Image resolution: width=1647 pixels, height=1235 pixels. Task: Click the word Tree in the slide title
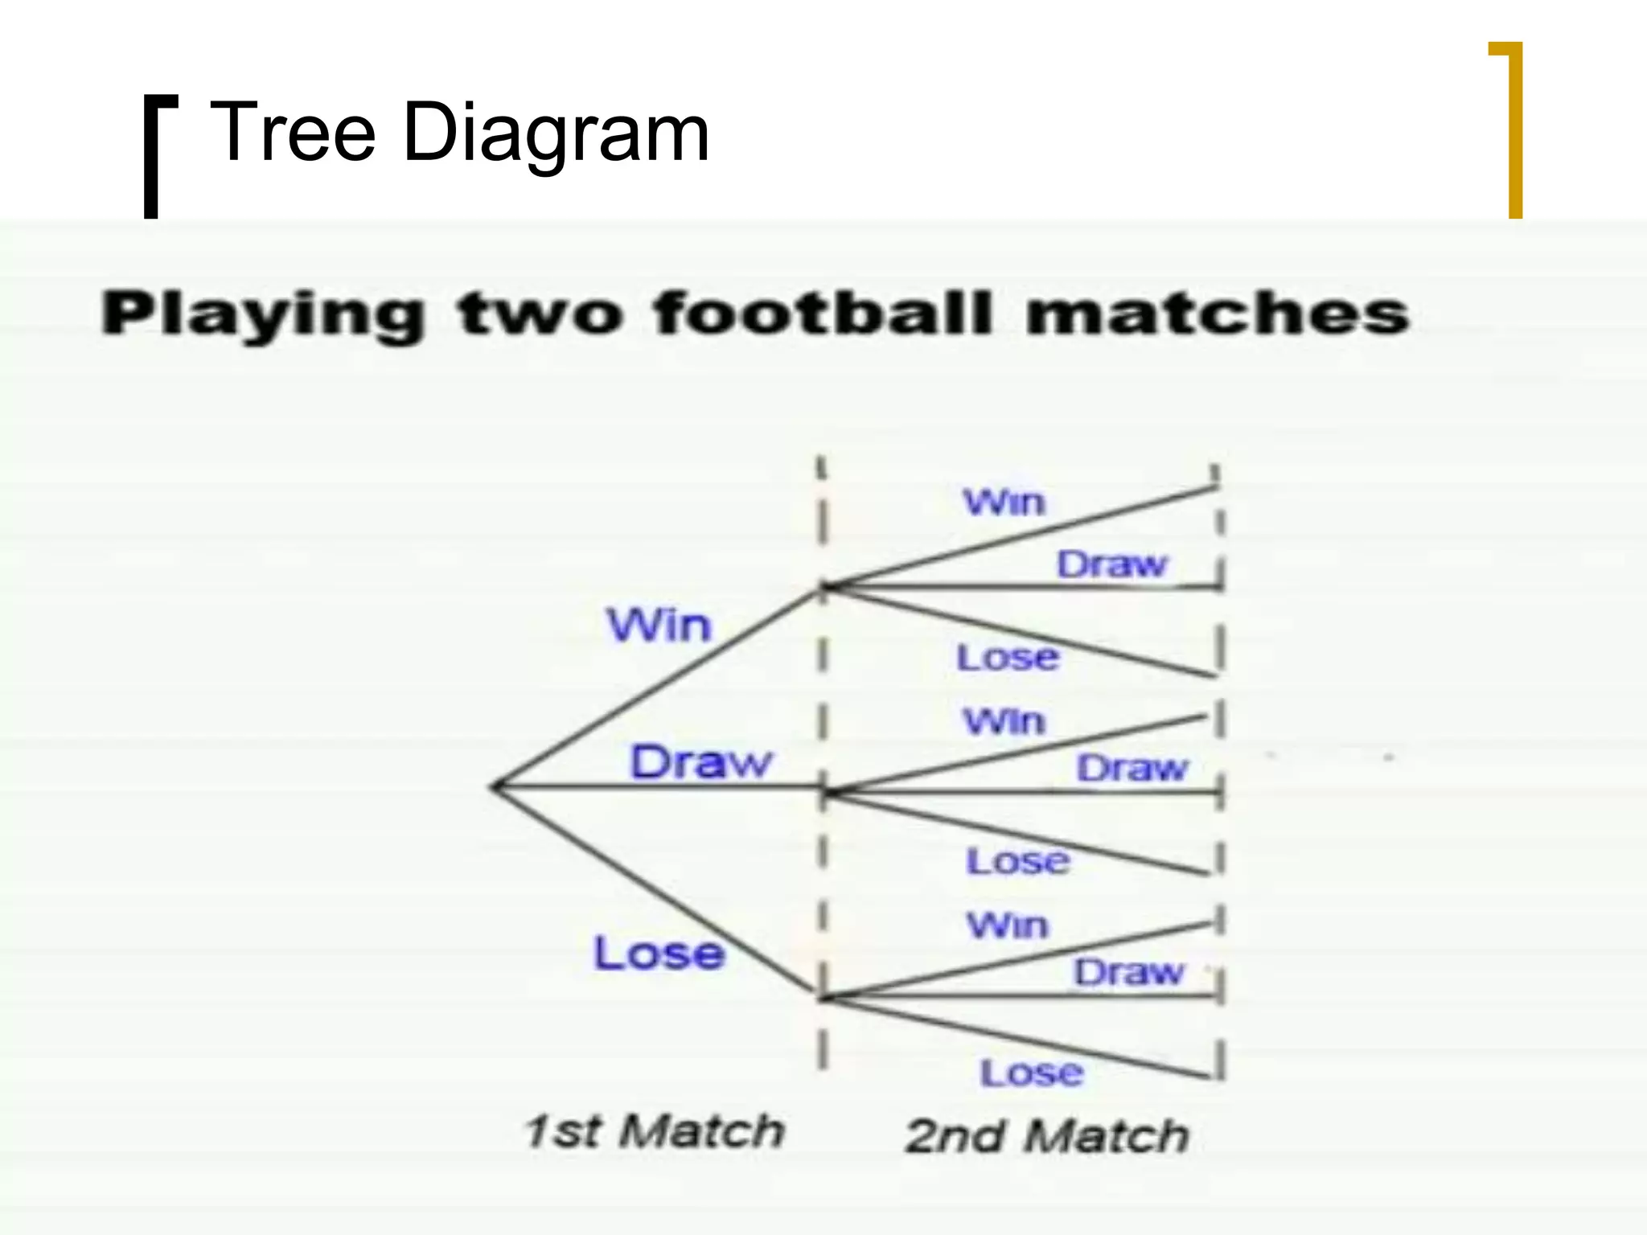click(x=292, y=132)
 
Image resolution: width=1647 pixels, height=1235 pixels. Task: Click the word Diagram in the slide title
click(x=555, y=133)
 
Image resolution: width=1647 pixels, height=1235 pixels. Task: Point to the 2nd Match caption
click(x=1046, y=1135)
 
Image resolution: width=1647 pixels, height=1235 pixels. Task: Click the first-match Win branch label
click(x=659, y=625)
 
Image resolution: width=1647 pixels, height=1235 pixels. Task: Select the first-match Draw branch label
click(x=700, y=761)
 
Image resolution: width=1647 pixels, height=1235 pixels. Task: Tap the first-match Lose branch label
click(x=659, y=954)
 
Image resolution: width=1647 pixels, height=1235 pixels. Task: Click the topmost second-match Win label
click(x=1004, y=503)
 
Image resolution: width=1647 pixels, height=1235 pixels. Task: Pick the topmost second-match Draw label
click(x=1111, y=564)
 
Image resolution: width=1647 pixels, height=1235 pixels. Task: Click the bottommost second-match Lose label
click(x=1032, y=1073)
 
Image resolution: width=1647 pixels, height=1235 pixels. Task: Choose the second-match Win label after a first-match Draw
click(x=1004, y=721)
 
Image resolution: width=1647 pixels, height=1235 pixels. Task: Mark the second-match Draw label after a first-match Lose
click(x=1128, y=973)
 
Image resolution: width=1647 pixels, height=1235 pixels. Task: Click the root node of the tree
click(x=494, y=787)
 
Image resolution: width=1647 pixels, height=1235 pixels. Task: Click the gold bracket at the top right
click(x=1514, y=129)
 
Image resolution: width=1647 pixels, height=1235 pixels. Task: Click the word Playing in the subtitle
click(x=262, y=314)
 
